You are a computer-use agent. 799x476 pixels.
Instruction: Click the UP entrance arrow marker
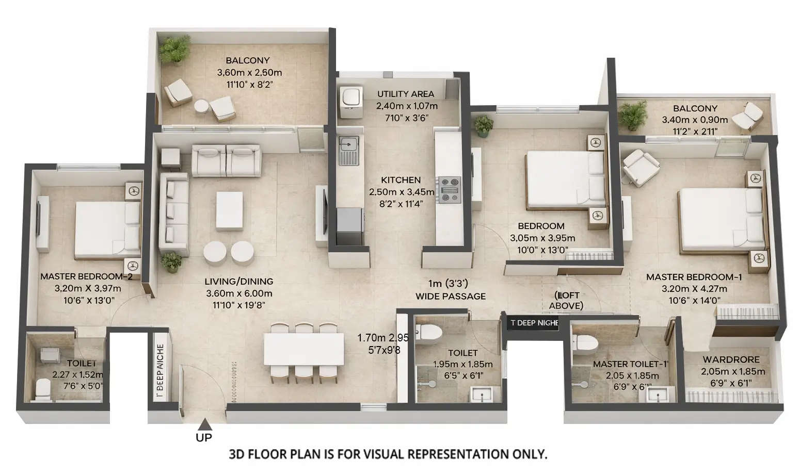click(x=205, y=424)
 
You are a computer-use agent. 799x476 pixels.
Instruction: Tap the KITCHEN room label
click(x=401, y=180)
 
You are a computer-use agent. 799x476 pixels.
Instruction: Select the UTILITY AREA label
click(x=405, y=94)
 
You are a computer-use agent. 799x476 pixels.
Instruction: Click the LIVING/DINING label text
click(x=238, y=282)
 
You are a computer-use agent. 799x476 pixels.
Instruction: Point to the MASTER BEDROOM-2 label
click(x=86, y=276)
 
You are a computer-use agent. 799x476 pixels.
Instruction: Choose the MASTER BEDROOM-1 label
click(x=694, y=277)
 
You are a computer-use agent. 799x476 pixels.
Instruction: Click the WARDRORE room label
click(x=731, y=359)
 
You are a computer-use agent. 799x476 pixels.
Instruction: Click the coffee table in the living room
click(x=229, y=210)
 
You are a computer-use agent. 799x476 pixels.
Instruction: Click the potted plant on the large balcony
click(x=174, y=50)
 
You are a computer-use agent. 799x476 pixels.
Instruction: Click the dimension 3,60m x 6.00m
click(x=238, y=293)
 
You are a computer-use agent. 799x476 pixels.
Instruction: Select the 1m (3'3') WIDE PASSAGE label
click(x=451, y=290)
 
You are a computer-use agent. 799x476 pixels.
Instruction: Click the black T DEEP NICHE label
click(x=534, y=323)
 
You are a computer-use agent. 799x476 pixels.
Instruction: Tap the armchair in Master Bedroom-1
click(x=641, y=166)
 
